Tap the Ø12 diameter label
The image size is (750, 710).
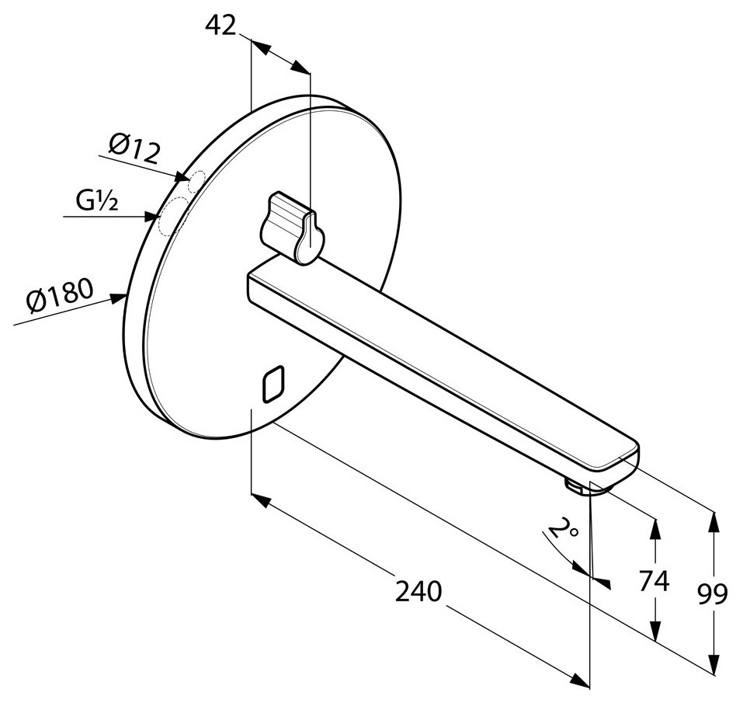pos(134,148)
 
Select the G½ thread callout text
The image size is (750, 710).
pos(96,200)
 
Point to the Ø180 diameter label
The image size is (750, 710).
pos(59,296)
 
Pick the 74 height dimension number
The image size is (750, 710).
pos(654,581)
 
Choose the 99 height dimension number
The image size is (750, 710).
pos(712,594)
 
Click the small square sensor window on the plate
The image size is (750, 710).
pos(273,384)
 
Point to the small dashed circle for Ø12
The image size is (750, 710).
pos(196,180)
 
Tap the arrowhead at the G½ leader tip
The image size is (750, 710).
pos(151,218)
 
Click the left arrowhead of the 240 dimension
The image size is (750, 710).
pos(261,500)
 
